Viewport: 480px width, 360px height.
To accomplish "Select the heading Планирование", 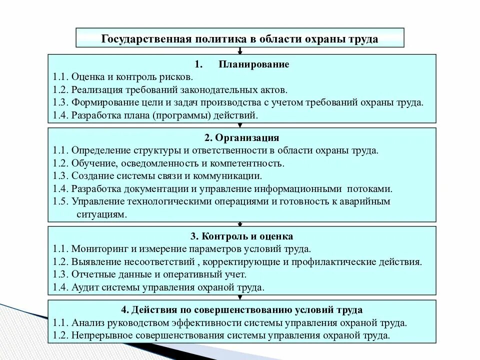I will [x=254, y=64].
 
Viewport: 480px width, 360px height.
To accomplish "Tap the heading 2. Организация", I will [x=241, y=137].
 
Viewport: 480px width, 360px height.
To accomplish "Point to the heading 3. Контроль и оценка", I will [x=241, y=236].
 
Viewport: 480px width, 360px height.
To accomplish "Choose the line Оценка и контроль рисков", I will [x=132, y=77].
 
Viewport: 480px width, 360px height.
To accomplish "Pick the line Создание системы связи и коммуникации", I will [x=166, y=176].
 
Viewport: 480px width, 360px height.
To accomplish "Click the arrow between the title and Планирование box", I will [x=240, y=51].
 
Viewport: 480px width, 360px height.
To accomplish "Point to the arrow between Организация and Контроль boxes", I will [x=241, y=223].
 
